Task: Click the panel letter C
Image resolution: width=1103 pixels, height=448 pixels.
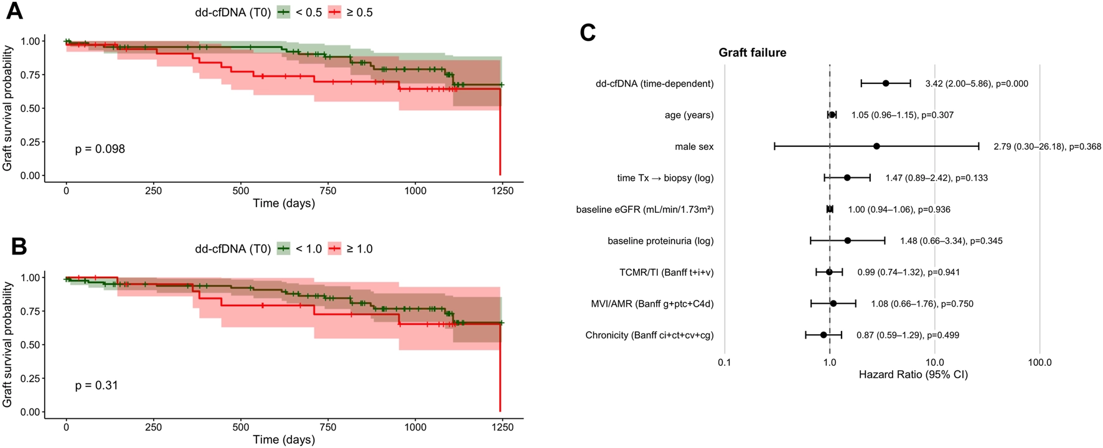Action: [x=588, y=32]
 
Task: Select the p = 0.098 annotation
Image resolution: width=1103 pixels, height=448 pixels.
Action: [x=100, y=149]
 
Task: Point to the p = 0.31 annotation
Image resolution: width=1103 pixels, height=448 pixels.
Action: [x=96, y=385]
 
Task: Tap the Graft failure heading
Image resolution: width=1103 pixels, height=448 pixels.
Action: [x=752, y=53]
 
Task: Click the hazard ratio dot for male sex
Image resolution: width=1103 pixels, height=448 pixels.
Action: [x=876, y=146]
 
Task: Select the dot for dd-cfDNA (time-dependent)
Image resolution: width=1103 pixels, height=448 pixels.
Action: [x=886, y=83]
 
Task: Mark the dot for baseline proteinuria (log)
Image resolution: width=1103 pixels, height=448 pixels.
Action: [x=848, y=240]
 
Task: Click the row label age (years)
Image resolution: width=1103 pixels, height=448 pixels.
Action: [x=689, y=115]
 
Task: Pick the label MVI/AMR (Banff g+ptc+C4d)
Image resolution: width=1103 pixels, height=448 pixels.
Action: [x=652, y=304]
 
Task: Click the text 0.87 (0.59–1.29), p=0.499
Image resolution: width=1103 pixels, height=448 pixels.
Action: [x=908, y=335]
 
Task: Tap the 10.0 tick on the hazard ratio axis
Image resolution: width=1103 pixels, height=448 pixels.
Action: [x=934, y=362]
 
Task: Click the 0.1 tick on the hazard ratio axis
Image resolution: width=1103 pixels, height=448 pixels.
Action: [x=724, y=362]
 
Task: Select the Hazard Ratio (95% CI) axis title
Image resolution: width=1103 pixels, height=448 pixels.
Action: [x=913, y=375]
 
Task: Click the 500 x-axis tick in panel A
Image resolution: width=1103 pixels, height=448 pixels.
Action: [x=240, y=191]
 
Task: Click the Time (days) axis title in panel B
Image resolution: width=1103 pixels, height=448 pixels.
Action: [x=284, y=439]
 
